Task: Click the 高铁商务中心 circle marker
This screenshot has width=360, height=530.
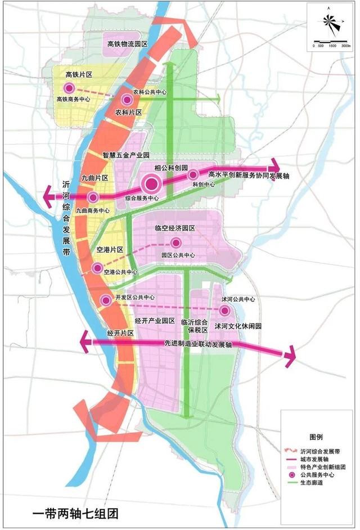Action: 69,88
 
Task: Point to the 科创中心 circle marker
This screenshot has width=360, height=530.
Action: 193,174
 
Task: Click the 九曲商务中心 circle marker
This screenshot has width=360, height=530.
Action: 93,197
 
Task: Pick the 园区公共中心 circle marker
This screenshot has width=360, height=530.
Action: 176,243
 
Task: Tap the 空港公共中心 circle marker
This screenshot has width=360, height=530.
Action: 98,268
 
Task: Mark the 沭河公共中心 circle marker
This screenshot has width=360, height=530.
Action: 225,311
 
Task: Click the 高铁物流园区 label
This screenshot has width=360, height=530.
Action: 127,43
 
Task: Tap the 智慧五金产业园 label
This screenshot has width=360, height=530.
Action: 125,154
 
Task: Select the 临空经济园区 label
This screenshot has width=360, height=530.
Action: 174,228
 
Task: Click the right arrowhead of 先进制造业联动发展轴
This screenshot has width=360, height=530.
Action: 290,356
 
